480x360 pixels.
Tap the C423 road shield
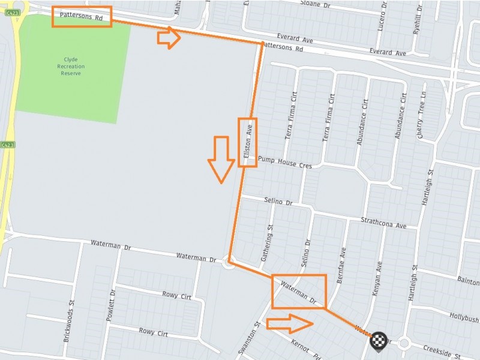pos(7,145)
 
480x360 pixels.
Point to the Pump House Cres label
pos(284,162)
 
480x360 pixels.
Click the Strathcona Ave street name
pos(384,223)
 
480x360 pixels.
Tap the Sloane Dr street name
pos(316,5)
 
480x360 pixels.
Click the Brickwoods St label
pos(68,321)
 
